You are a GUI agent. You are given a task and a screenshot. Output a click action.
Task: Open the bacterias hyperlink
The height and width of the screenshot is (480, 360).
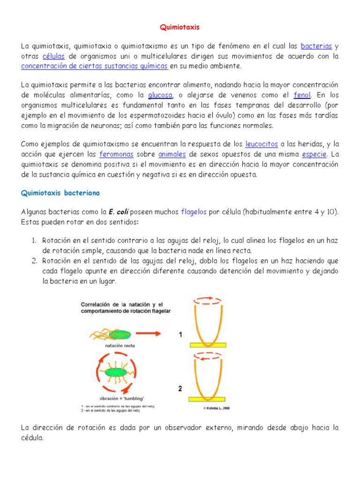316,46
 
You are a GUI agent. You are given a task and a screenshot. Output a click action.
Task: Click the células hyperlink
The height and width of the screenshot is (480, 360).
53,56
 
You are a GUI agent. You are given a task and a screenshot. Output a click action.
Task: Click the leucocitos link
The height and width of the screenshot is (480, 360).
262,143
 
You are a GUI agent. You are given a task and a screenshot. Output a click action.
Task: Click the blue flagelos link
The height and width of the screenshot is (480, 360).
194,212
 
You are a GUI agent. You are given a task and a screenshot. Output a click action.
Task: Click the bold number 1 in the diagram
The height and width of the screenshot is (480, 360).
180,335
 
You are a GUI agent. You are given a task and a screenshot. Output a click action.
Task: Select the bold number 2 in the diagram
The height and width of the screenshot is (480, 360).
180,389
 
